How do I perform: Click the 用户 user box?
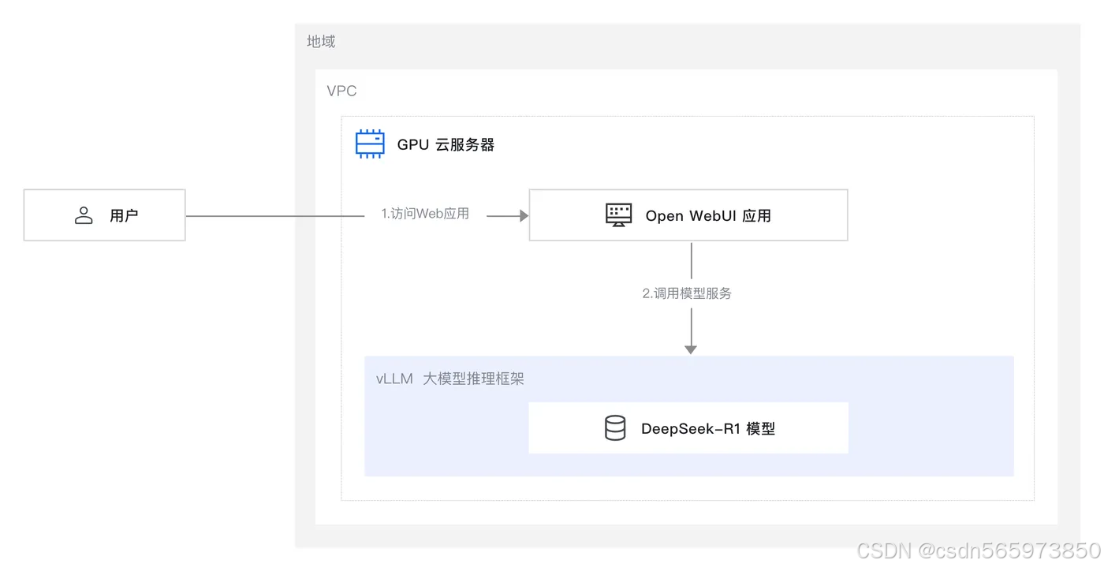coord(104,215)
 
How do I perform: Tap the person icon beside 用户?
coord(84,215)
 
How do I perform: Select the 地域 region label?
coord(321,42)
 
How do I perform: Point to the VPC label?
coord(341,91)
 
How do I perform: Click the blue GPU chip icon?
coord(370,144)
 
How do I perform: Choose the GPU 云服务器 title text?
coord(446,144)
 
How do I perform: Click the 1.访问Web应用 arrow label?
coord(425,214)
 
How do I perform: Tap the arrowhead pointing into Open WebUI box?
coord(523,215)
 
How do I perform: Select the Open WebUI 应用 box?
coord(688,215)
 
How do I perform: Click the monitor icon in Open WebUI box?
coord(619,215)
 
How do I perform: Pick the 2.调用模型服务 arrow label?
coord(687,293)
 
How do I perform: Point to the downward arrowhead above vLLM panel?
coord(691,349)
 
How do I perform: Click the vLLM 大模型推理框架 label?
coord(450,379)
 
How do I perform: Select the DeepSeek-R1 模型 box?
coord(688,428)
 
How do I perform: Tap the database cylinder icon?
coord(615,428)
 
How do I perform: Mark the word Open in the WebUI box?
coord(664,215)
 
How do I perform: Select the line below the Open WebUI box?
coord(691,260)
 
